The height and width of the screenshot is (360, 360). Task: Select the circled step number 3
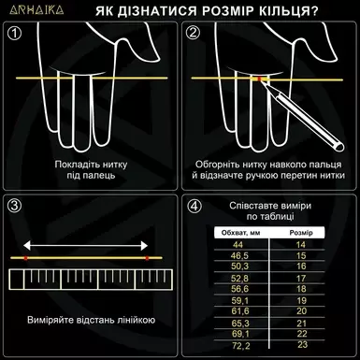pos(13,205)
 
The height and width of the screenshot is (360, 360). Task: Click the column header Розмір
pos(301,230)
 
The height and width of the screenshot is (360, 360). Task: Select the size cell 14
pos(301,243)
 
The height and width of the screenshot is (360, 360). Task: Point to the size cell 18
pos(301,289)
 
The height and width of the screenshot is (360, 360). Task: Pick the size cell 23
pos(301,345)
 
